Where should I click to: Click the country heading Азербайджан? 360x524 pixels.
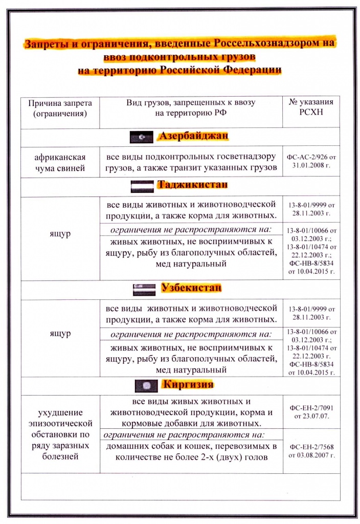coord(193,137)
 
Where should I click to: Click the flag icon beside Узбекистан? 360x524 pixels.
coord(144,289)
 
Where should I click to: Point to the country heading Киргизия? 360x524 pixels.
coord(187,384)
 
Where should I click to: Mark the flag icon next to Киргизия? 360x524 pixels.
coord(145,385)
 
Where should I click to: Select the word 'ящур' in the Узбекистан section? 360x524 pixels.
coord(60,333)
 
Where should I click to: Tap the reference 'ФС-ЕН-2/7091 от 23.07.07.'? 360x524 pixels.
coord(311,412)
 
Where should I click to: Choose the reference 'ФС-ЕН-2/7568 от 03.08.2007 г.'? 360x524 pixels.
coord(311,450)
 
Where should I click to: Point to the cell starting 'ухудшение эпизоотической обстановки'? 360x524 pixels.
coord(60,434)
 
